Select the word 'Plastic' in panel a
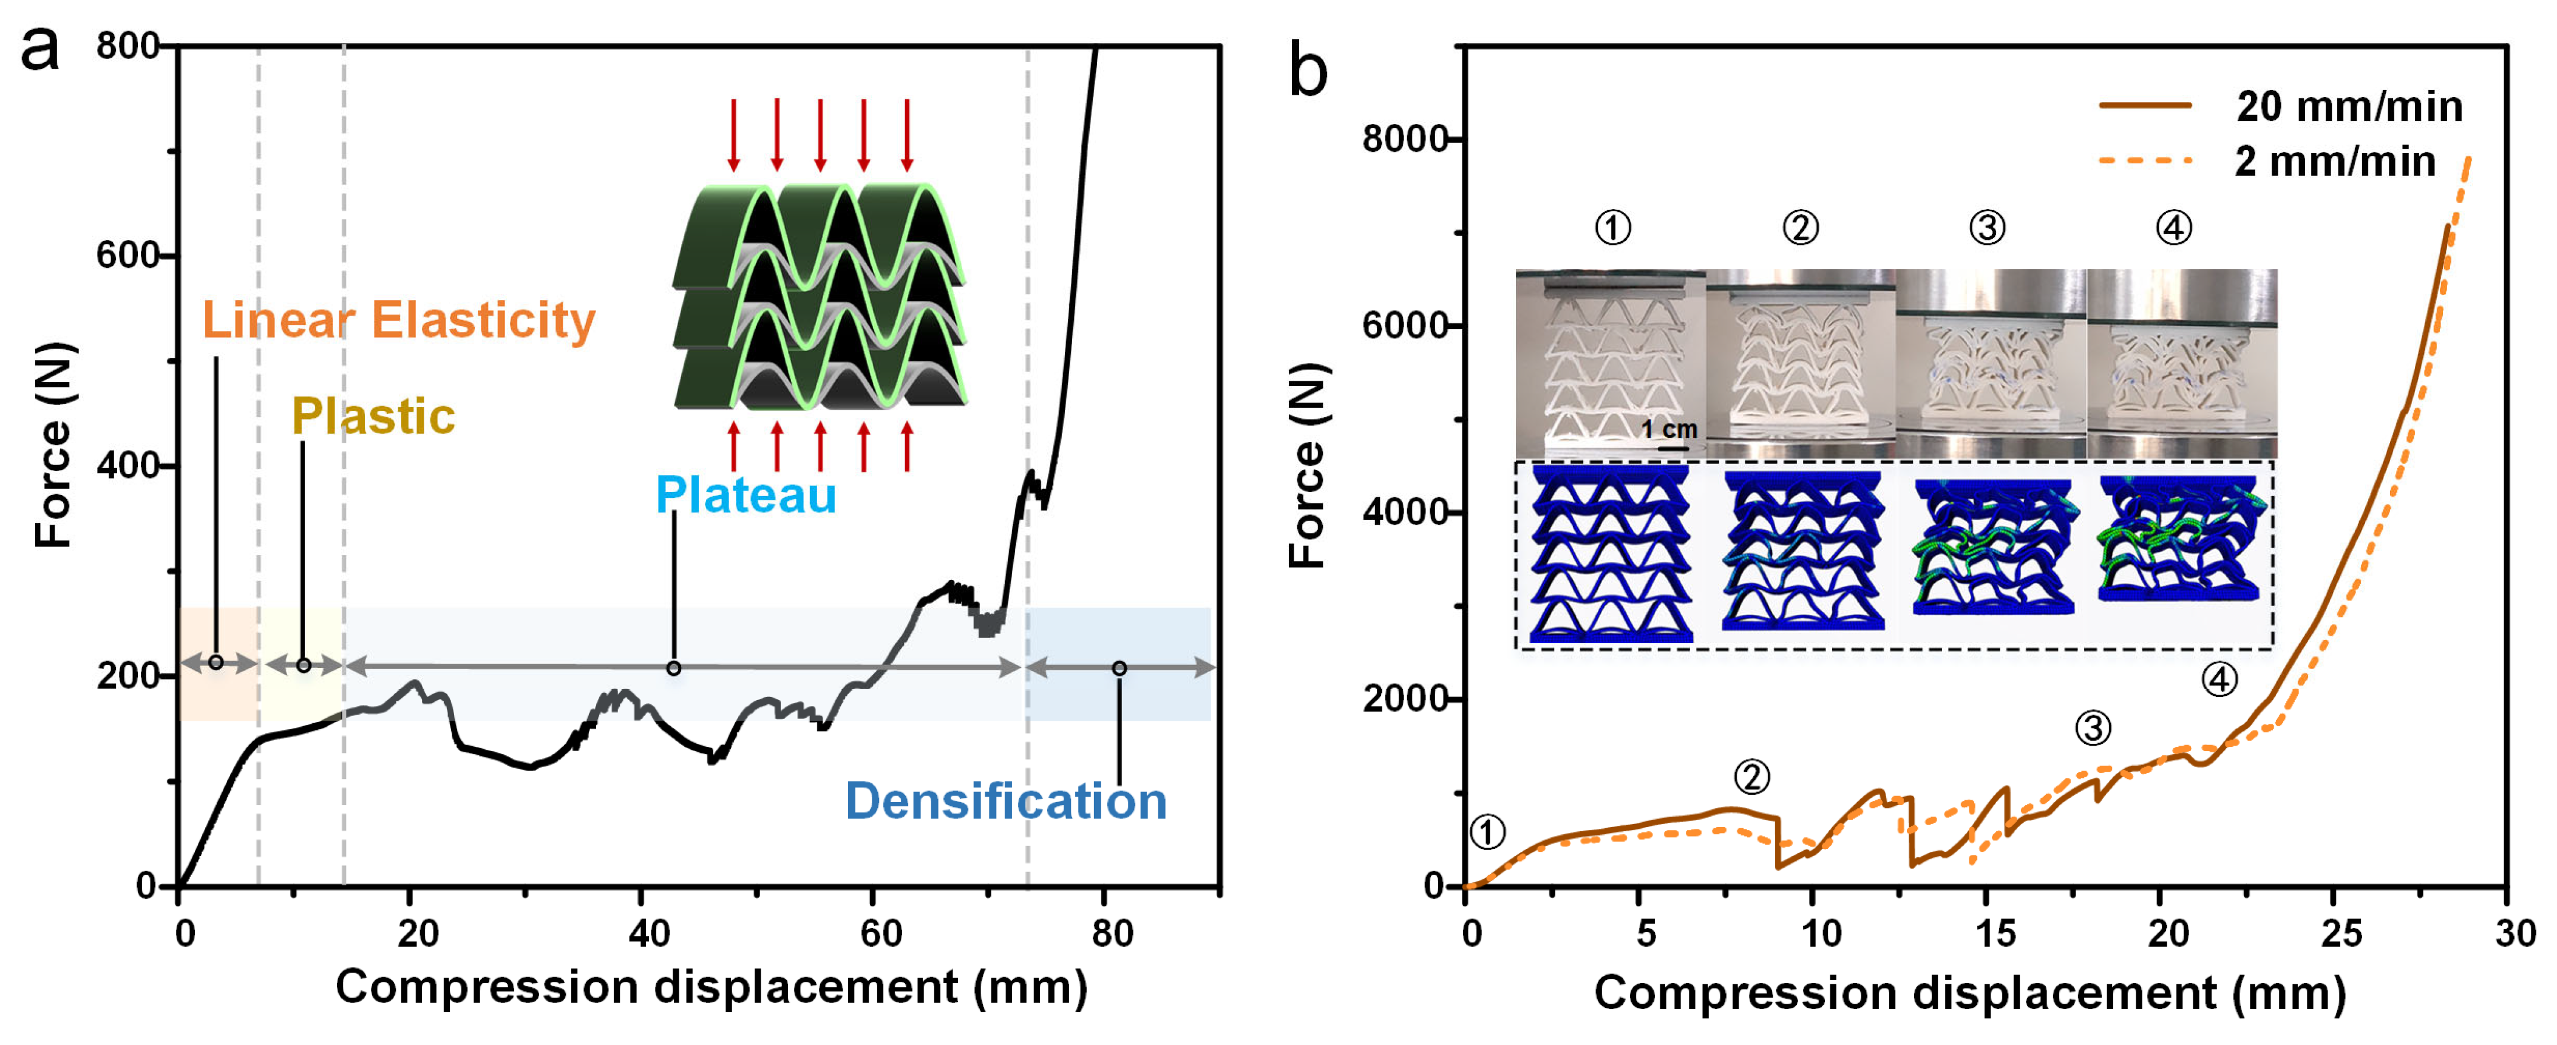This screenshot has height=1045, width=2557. tap(373, 416)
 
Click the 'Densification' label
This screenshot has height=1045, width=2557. tap(1005, 801)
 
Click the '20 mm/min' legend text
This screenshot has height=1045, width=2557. tap(2349, 106)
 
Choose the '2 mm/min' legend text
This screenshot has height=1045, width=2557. tap(2335, 161)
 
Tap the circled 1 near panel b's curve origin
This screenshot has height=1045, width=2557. tap(1487, 832)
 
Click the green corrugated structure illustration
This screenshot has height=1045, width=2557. tap(819, 294)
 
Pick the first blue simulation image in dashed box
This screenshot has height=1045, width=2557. tap(1610, 556)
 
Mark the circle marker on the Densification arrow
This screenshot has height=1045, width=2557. tap(1119, 668)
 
